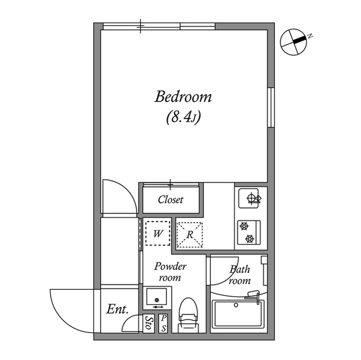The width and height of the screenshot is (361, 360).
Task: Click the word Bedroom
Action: tap(183, 97)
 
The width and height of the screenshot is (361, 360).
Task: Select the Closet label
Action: tap(170, 200)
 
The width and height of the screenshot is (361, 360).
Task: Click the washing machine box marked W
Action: tap(158, 233)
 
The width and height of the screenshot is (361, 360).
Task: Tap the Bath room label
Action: tap(239, 274)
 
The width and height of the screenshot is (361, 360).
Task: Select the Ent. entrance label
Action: tap(117, 309)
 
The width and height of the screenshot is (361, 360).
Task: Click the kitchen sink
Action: tap(250, 199)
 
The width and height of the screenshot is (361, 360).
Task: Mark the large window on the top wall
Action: tap(159, 26)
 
